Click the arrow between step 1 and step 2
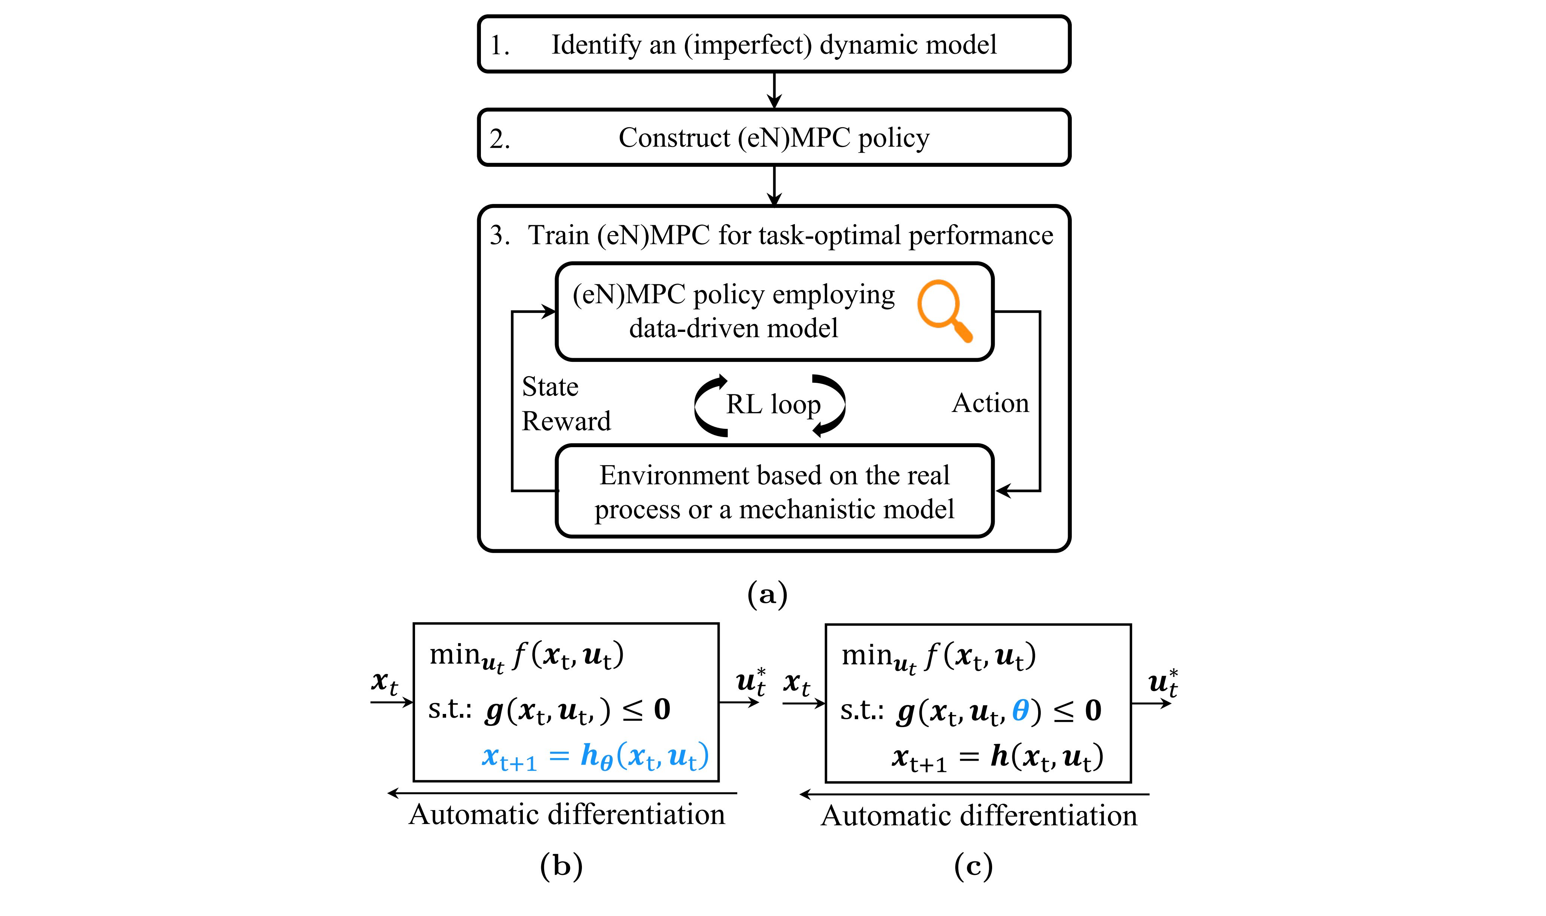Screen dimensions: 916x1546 click(774, 91)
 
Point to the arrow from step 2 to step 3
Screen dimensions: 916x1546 click(774, 185)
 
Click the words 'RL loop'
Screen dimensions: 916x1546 click(773, 404)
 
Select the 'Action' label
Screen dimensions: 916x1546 click(990, 403)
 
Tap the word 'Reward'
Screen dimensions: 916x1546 click(566, 421)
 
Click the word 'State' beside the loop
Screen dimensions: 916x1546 click(550, 387)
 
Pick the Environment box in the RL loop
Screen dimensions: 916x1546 click(774, 491)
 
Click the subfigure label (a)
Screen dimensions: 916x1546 click(767, 594)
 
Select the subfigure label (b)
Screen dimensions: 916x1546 click(561, 865)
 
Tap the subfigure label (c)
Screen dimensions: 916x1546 click(973, 865)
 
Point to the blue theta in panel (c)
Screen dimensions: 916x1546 click(1020, 711)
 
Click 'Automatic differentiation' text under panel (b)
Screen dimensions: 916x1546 click(567, 815)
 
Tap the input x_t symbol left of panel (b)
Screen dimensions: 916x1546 click(384, 682)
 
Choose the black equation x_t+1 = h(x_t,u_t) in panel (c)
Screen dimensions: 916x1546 click(997, 757)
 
